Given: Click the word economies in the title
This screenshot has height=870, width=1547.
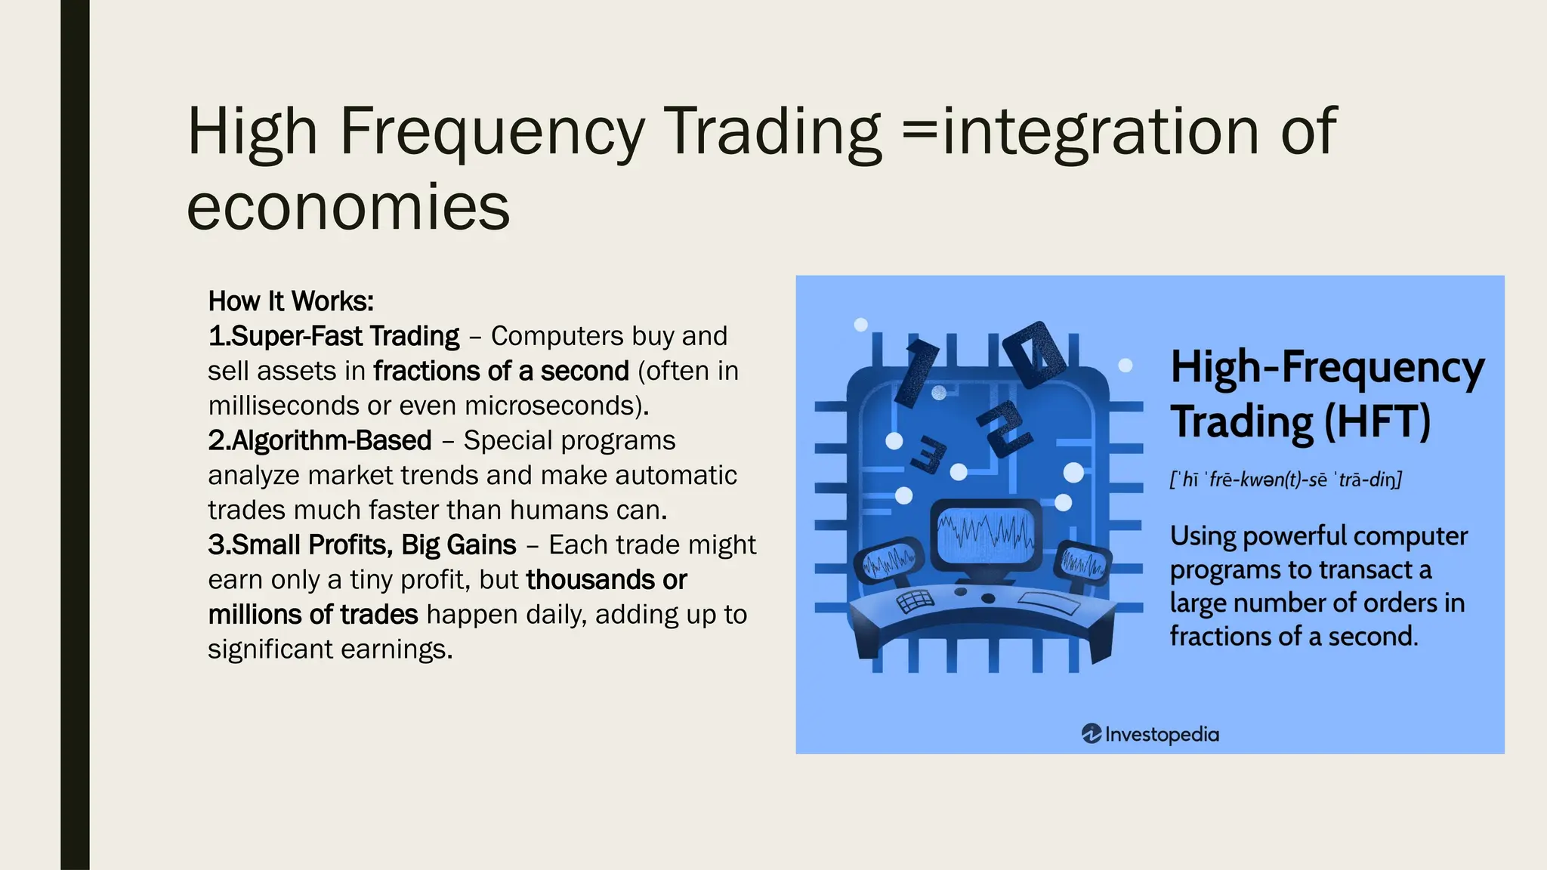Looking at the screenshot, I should (348, 208).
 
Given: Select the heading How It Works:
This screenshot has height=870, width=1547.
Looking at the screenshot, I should (291, 301).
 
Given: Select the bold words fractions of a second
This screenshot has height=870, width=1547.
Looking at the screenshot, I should (501, 371).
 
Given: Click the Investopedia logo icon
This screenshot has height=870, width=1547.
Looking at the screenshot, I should (1091, 733).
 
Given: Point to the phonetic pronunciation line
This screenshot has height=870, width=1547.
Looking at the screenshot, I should (1285, 480).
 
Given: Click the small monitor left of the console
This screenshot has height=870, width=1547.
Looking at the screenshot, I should (889, 563).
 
